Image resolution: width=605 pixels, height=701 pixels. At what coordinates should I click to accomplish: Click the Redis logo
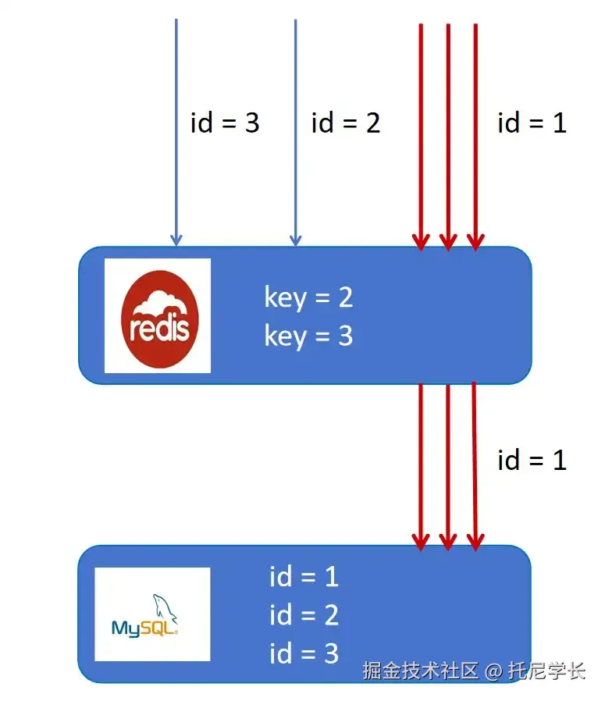pyautogui.click(x=158, y=315)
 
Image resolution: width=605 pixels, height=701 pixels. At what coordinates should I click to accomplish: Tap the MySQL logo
pyautogui.click(x=152, y=614)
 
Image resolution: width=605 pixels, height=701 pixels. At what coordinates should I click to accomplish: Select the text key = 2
pyautogui.click(x=308, y=297)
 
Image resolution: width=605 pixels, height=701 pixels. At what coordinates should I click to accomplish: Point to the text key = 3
pyautogui.click(x=308, y=336)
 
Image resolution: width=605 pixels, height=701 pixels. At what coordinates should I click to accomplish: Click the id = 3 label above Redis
pyautogui.click(x=225, y=123)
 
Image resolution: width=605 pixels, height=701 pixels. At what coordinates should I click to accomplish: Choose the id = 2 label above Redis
pyautogui.click(x=345, y=123)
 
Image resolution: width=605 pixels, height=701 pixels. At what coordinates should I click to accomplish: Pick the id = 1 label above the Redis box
pyautogui.click(x=532, y=123)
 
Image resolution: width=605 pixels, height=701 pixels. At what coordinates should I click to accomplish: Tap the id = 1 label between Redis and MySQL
pyautogui.click(x=532, y=460)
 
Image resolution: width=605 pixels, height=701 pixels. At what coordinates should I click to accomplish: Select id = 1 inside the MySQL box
pyautogui.click(x=304, y=577)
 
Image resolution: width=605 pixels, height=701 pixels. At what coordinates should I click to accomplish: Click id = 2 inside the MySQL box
pyautogui.click(x=304, y=615)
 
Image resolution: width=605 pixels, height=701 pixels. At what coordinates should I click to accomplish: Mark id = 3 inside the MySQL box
pyautogui.click(x=304, y=653)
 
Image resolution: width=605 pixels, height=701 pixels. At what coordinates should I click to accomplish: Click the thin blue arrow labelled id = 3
pyautogui.click(x=176, y=133)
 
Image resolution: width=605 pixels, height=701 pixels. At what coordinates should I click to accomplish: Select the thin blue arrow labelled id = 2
pyautogui.click(x=295, y=133)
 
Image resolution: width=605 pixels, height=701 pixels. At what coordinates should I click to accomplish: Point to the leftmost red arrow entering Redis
pyautogui.click(x=421, y=133)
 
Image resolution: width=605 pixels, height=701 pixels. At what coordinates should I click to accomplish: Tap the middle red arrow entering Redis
pyautogui.click(x=448, y=133)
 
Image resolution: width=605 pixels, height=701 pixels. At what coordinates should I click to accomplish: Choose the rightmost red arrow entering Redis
pyautogui.click(x=475, y=133)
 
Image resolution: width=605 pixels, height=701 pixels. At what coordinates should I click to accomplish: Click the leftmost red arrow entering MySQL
pyautogui.click(x=421, y=468)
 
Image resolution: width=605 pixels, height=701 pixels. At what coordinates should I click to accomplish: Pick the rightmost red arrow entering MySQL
pyautogui.click(x=475, y=468)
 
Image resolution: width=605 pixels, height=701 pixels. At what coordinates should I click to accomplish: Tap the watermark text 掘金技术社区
pyautogui.click(x=420, y=671)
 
